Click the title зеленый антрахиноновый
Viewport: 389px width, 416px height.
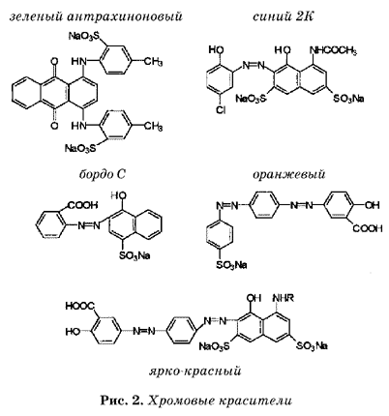96,16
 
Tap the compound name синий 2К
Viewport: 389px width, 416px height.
283,16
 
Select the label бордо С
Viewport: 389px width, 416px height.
102,174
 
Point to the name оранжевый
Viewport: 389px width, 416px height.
288,174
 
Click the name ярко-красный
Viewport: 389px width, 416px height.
195,371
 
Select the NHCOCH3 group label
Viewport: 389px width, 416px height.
333,50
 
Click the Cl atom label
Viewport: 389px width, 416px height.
221,110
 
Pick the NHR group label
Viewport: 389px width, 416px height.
284,298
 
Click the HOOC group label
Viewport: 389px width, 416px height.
79,306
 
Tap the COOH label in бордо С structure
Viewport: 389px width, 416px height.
82,205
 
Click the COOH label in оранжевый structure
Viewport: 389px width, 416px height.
368,228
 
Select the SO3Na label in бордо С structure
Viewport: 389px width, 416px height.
135,256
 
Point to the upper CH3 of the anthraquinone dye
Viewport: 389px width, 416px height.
153,61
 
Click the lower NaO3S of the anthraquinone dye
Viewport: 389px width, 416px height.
80,149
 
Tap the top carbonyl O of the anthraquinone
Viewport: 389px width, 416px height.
54,61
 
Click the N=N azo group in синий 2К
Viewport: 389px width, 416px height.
254,66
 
